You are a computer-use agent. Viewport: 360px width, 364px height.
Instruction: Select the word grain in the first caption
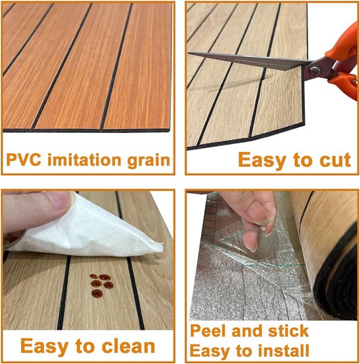pyautogui.click(x=149, y=161)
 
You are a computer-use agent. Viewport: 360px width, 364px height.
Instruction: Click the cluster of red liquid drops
pyautogui.click(x=98, y=280)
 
